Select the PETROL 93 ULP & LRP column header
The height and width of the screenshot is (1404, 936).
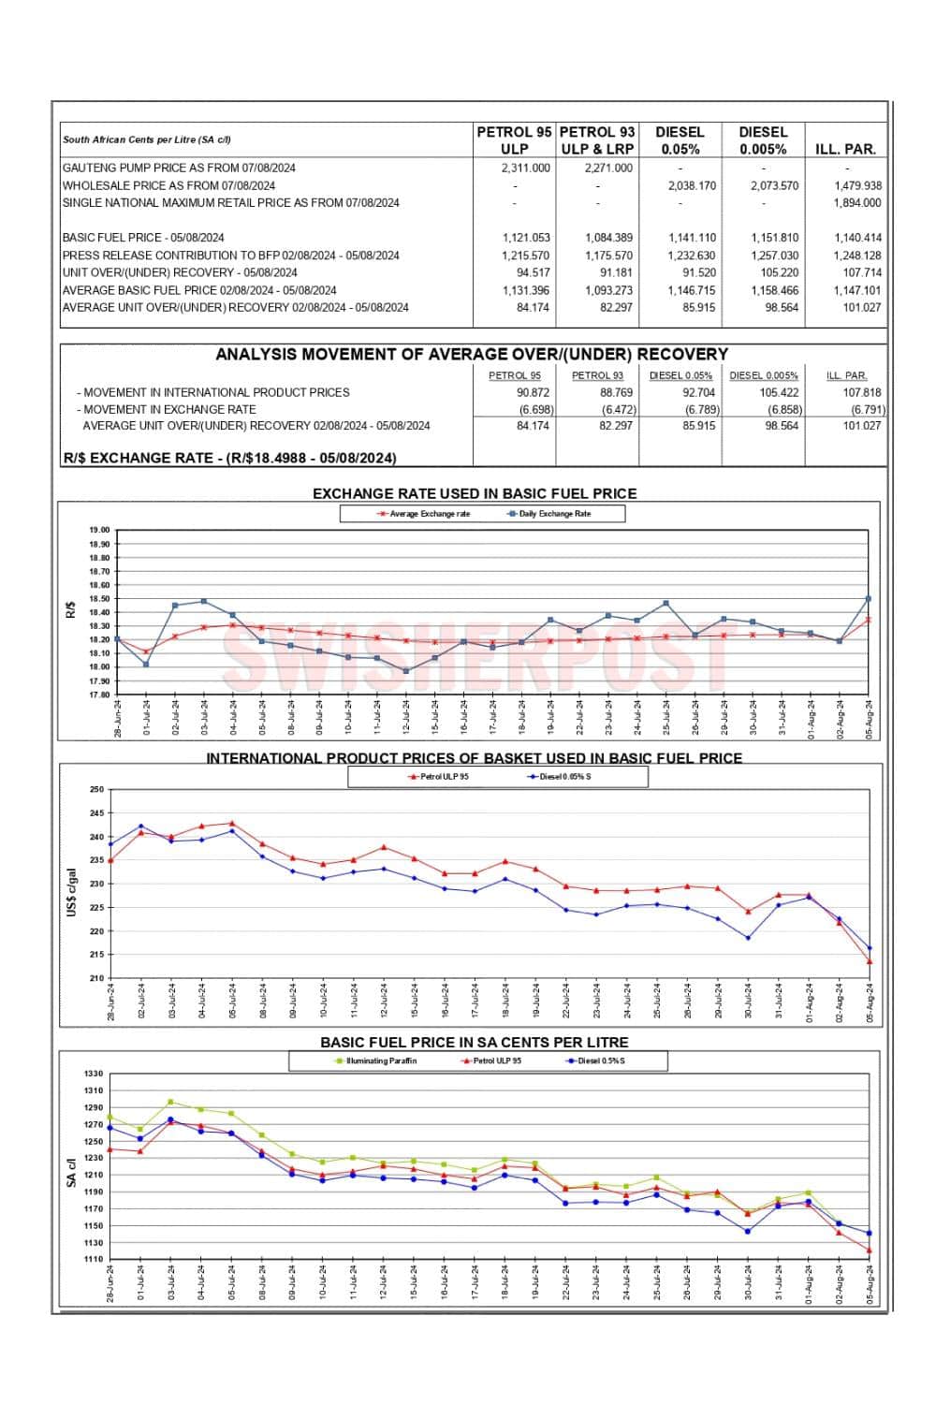click(597, 140)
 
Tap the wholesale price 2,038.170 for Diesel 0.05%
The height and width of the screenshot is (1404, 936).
click(692, 186)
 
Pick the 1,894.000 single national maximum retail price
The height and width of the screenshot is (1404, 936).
click(856, 203)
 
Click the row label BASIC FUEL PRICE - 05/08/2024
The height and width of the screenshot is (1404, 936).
click(143, 238)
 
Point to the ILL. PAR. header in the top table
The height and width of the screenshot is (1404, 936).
click(845, 149)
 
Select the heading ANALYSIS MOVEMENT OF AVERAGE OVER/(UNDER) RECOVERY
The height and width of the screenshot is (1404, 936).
click(472, 355)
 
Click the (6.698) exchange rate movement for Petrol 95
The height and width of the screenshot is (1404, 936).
click(536, 410)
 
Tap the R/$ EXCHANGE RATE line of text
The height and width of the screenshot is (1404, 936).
click(229, 459)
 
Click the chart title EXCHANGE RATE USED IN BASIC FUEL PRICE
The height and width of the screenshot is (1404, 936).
click(474, 493)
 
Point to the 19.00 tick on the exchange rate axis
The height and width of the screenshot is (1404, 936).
click(99, 531)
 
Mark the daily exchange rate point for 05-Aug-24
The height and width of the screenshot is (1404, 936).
click(869, 599)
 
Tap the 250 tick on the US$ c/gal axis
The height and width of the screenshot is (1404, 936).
click(96, 790)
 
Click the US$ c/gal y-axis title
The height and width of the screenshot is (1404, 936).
click(71, 892)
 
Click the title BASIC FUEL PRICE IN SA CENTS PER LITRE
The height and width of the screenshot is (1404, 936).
click(474, 1042)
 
